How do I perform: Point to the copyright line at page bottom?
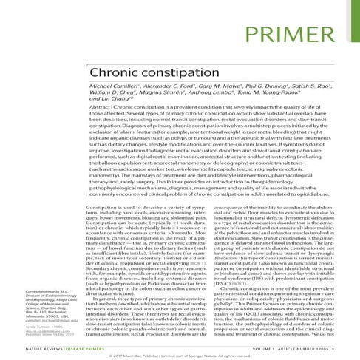(x=180, y=353)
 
